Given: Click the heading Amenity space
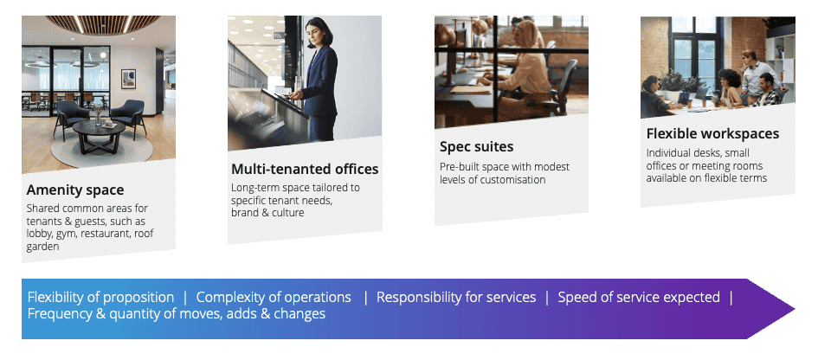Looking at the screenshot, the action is [75, 190].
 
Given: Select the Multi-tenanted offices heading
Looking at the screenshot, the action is [305, 169].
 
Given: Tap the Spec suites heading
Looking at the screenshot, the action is [476, 146].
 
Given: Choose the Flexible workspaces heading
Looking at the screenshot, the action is [712, 133].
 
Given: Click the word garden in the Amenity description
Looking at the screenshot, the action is [42, 247].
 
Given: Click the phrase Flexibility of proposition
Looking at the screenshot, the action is [100, 298].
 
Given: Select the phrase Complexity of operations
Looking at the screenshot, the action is [274, 298].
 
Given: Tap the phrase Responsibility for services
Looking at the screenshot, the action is [456, 298].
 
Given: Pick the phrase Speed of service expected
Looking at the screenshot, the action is [639, 298].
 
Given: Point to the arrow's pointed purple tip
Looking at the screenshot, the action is [793, 308].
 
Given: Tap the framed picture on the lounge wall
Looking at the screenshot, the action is [128, 80].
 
